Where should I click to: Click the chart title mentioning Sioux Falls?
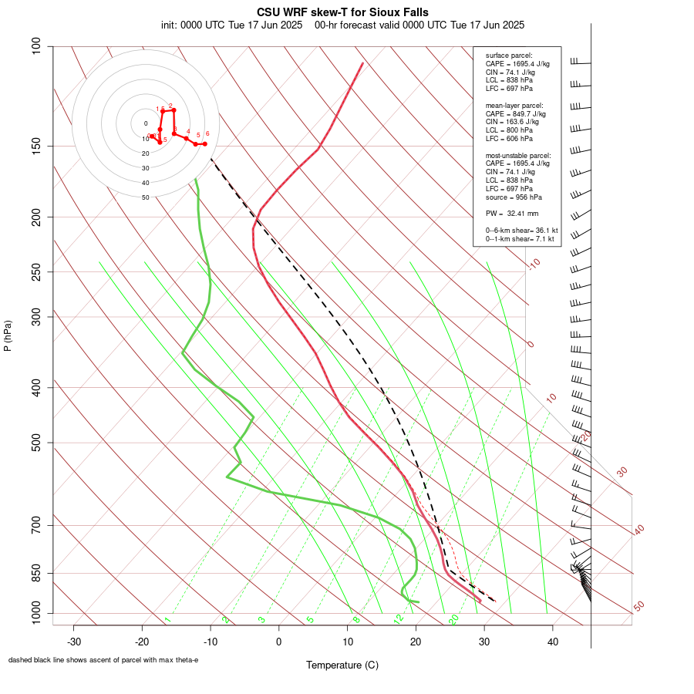pyautogui.click(x=342, y=12)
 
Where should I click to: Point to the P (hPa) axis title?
pyautogui.click(x=8, y=335)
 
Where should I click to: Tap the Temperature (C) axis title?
pyautogui.click(x=342, y=665)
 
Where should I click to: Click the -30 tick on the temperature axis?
pyautogui.click(x=74, y=642)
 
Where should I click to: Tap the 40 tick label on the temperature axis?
pyautogui.click(x=552, y=642)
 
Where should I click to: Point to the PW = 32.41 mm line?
pyautogui.click(x=511, y=213)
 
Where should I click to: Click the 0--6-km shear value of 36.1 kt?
pyautogui.click(x=521, y=231)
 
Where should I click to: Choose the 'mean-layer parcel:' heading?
pyautogui.click(x=514, y=106)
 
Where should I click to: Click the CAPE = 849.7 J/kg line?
pyautogui.click(x=517, y=114)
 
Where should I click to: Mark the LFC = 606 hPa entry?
pyautogui.click(x=509, y=139)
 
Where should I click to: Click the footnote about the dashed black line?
pyautogui.click(x=103, y=660)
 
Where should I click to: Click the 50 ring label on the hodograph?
pyautogui.click(x=145, y=197)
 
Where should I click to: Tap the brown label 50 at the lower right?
pyautogui.click(x=638, y=607)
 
